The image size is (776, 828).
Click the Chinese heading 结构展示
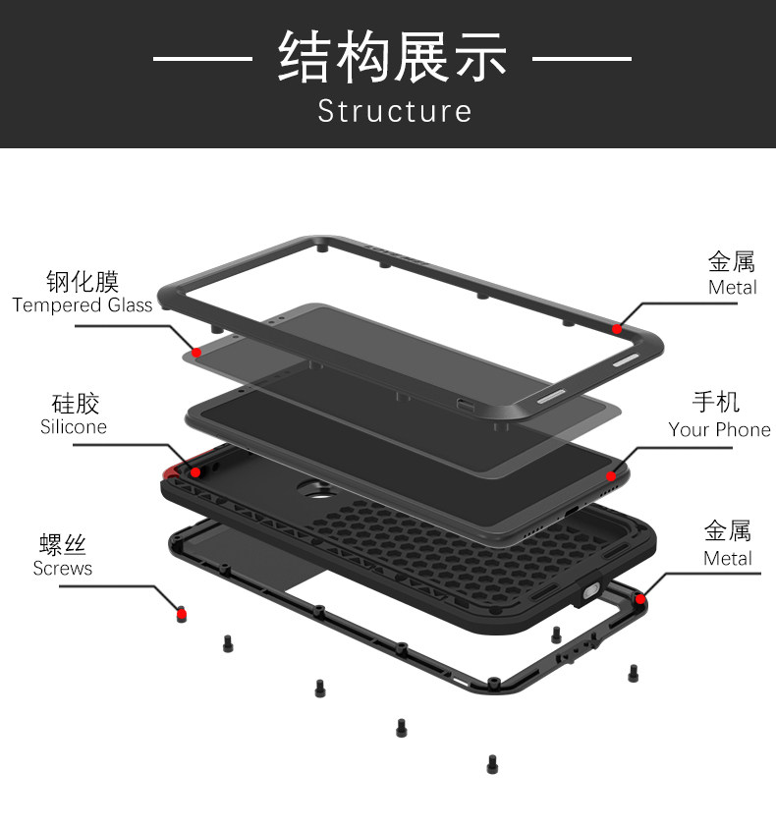pyautogui.click(x=392, y=57)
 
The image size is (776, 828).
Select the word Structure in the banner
pyautogui.click(x=394, y=110)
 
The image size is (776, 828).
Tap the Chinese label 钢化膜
pyautogui.click(x=83, y=282)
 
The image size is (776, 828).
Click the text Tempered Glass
pyautogui.click(x=83, y=305)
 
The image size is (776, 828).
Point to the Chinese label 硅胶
pyautogui.click(x=75, y=403)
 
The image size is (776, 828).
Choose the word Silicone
pyautogui.click(x=74, y=427)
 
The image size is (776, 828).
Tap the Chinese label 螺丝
pyautogui.click(x=63, y=545)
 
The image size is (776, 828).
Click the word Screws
pyautogui.click(x=63, y=569)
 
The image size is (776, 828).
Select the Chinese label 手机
pyautogui.click(x=716, y=403)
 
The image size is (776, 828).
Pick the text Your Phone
pyautogui.click(x=719, y=429)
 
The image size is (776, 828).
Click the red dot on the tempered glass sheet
pyautogui.click(x=196, y=353)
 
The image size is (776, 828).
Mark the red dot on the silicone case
pyautogui.click(x=195, y=472)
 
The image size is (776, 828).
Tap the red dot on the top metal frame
pyautogui.click(x=617, y=329)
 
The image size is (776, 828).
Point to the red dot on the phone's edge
pyautogui.click(x=611, y=477)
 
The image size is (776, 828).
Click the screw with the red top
pyautogui.click(x=181, y=614)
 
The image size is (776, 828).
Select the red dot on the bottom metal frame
pyautogui.click(x=639, y=598)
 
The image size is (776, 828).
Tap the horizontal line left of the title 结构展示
pyautogui.click(x=202, y=59)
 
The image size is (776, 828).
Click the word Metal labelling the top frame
pyautogui.click(x=732, y=288)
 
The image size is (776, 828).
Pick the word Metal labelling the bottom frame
pyautogui.click(x=727, y=559)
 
